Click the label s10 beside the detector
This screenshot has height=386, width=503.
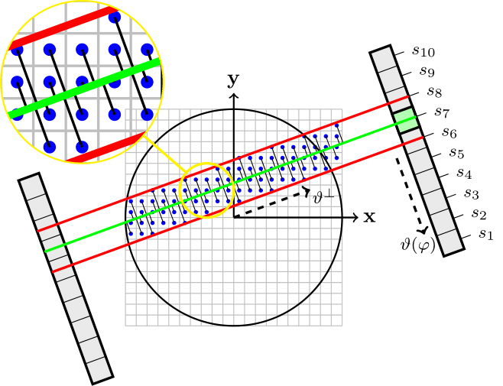click(x=423, y=53)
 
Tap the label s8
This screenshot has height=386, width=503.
click(x=434, y=92)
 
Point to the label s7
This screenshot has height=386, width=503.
click(x=441, y=113)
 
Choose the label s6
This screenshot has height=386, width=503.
click(x=449, y=133)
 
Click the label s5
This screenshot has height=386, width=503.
click(x=456, y=154)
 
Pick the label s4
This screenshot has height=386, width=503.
click(x=463, y=174)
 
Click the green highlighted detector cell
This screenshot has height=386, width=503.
click(x=405, y=121)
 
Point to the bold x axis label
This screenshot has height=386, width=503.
click(x=369, y=217)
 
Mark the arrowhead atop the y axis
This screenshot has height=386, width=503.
click(x=235, y=96)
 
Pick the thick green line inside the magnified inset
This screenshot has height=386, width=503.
click(x=84, y=88)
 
